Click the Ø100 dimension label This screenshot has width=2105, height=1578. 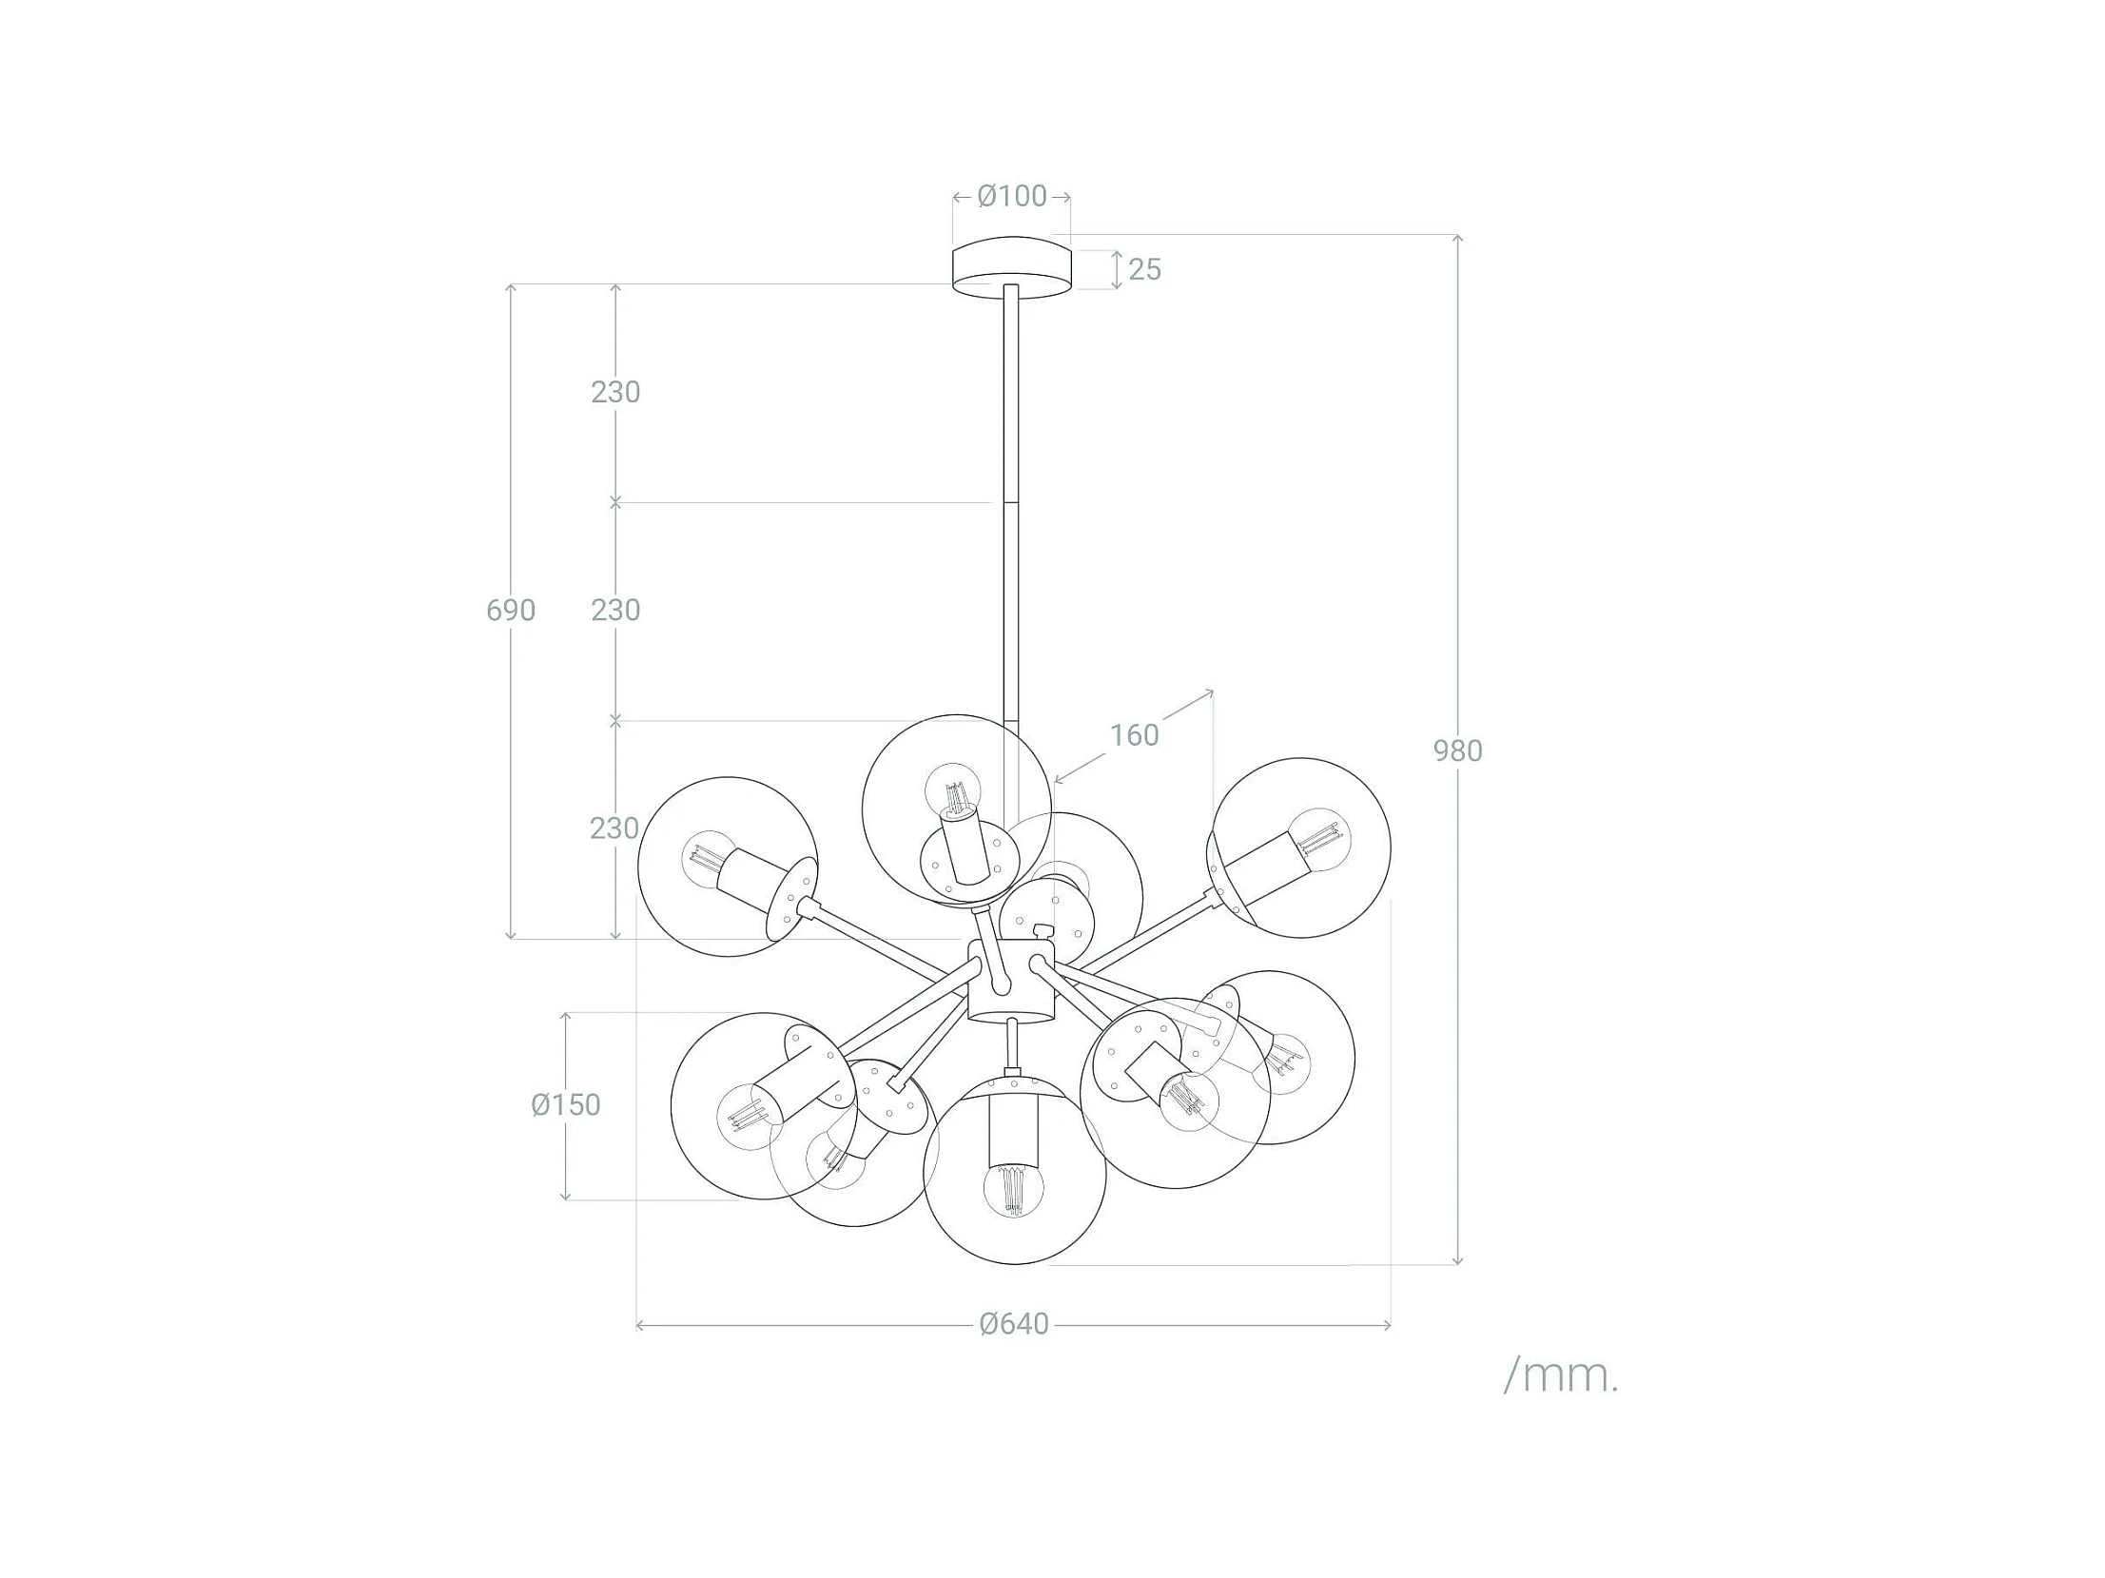[1011, 196]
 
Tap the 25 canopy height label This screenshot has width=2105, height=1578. [1145, 270]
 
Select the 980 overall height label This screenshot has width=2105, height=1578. [1458, 750]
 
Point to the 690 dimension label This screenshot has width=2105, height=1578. [511, 610]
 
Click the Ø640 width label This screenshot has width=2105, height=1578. [1014, 1324]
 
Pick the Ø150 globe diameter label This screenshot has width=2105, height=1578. [566, 1105]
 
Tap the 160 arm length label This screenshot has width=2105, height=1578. [1135, 734]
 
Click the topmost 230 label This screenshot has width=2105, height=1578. [615, 392]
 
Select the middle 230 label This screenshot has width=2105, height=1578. [615, 610]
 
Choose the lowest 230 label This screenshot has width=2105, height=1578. [614, 828]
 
